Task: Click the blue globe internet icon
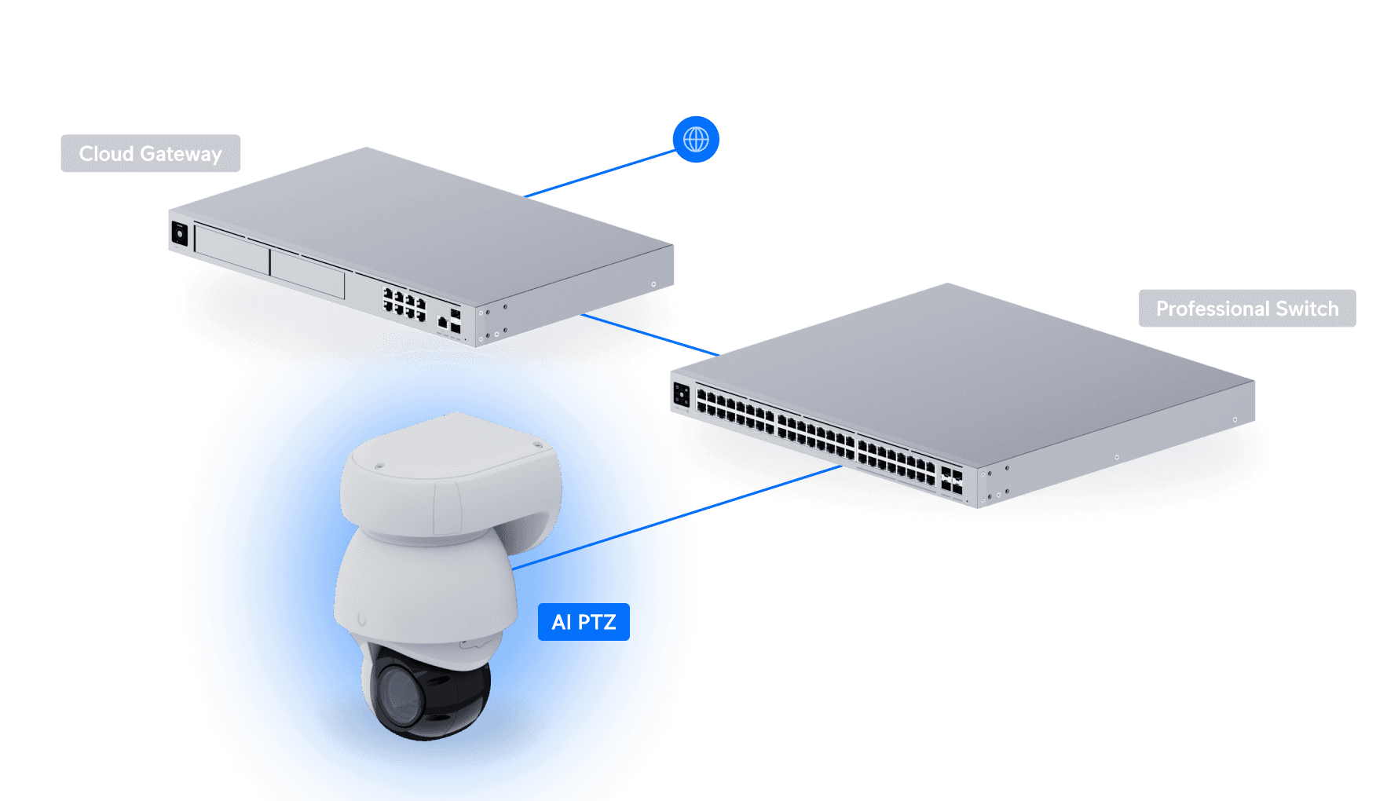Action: (696, 140)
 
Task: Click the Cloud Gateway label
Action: (151, 154)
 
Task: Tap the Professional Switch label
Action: (1246, 309)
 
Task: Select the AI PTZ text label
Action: (584, 622)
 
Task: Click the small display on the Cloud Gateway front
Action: (179, 234)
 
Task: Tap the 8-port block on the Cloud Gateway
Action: (404, 303)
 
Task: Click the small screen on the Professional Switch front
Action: (681, 394)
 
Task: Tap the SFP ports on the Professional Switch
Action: (951, 481)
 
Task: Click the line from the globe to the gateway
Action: (601, 174)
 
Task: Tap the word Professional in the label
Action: (1213, 309)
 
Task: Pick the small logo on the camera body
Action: (361, 620)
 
